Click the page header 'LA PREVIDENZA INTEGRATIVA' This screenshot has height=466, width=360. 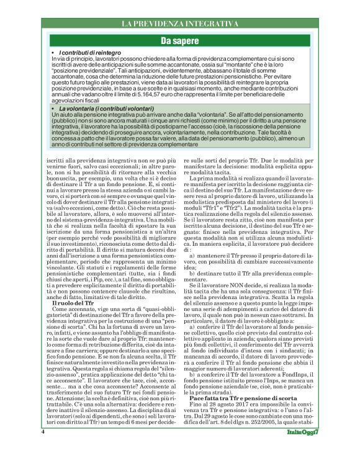click(179, 24)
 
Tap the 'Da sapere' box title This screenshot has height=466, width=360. click(179, 42)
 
